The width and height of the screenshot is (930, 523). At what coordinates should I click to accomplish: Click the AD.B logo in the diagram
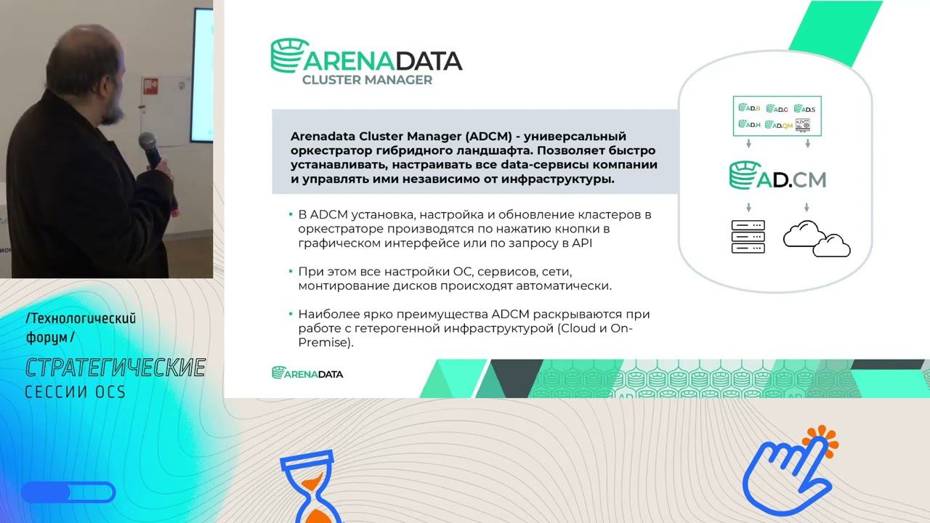[749, 108]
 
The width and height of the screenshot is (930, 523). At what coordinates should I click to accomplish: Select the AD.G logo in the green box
[777, 109]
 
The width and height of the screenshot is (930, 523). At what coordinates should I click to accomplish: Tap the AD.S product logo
[804, 109]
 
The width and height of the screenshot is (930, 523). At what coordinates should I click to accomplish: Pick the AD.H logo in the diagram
[749, 124]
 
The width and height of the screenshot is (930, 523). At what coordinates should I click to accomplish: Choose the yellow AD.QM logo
[777, 125]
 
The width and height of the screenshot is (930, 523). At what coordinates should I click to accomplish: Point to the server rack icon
[748, 236]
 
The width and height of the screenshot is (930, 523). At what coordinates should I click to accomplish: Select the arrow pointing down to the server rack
[748, 208]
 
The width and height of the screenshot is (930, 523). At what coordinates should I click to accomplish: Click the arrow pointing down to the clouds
[808, 208]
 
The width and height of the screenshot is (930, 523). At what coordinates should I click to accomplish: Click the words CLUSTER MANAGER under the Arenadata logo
[367, 79]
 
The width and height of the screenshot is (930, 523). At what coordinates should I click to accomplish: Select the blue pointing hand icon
[785, 472]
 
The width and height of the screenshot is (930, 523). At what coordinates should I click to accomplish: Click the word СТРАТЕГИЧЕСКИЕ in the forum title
[115, 368]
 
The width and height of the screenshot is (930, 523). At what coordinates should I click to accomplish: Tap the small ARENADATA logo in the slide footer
[307, 373]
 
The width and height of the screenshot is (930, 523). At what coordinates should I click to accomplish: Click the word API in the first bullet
[583, 243]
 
